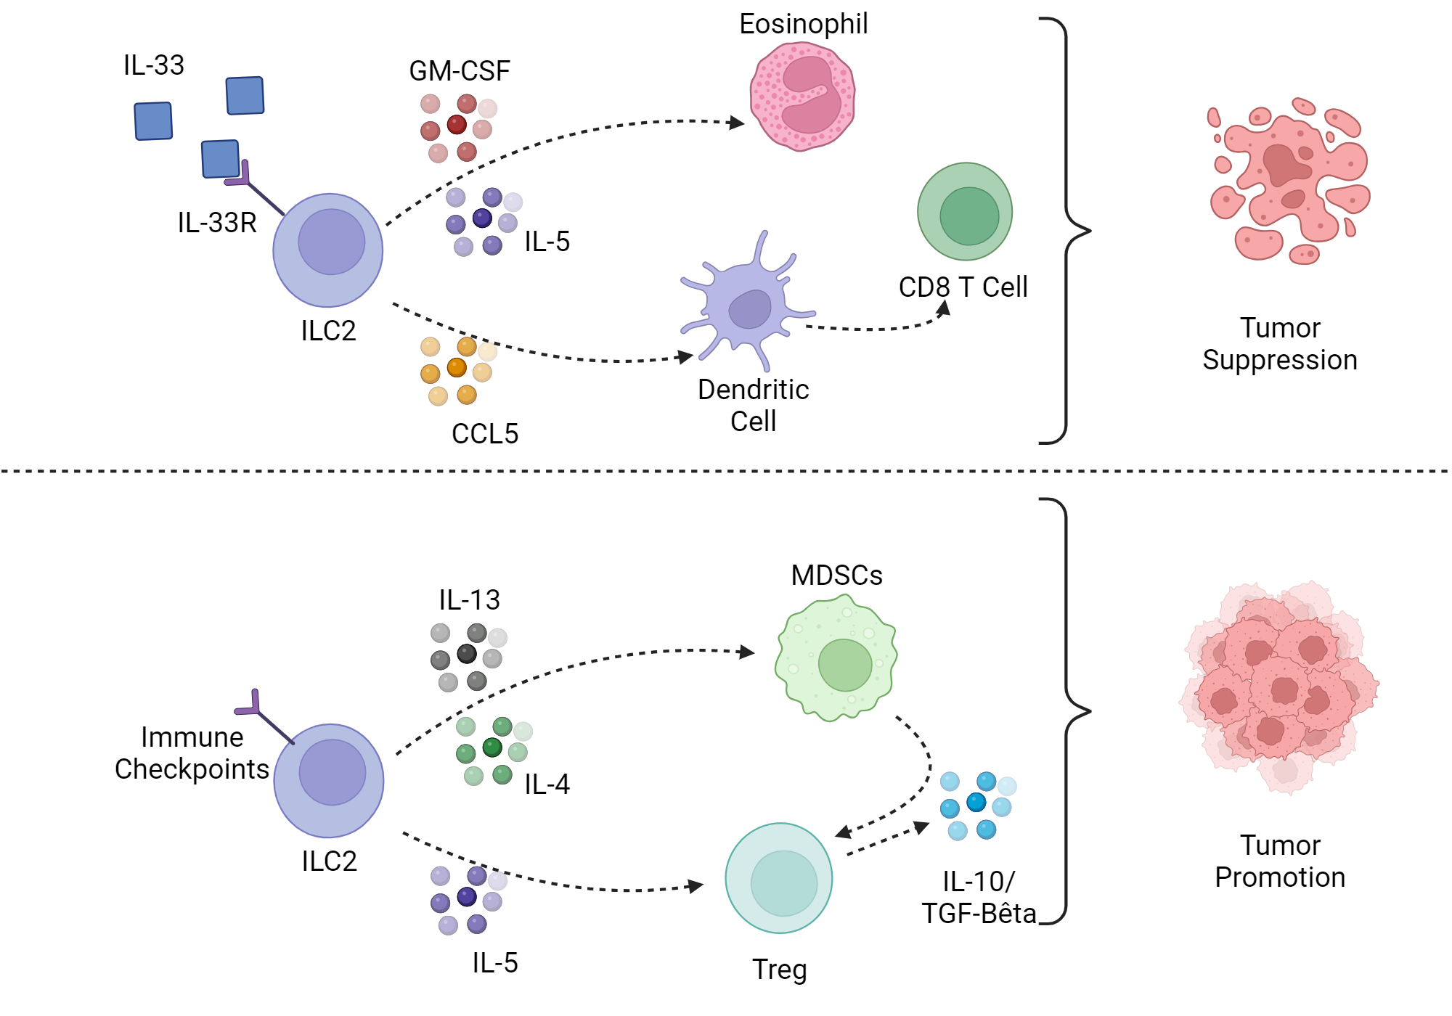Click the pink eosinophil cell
click(802, 97)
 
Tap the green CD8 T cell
click(965, 211)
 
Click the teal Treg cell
click(779, 878)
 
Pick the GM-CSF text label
click(460, 71)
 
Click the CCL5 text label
click(485, 434)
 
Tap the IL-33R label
click(217, 223)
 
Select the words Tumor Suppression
click(1279, 344)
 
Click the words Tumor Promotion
click(1279, 861)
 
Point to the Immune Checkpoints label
click(192, 753)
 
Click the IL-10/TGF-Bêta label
click(978, 898)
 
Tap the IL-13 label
click(469, 600)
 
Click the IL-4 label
click(547, 784)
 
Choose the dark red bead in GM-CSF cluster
click(457, 125)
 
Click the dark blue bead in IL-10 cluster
click(976, 802)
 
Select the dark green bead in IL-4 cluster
click(492, 747)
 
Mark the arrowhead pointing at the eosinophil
click(738, 123)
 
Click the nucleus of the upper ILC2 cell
click(331, 242)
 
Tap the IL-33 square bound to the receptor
click(220, 159)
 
